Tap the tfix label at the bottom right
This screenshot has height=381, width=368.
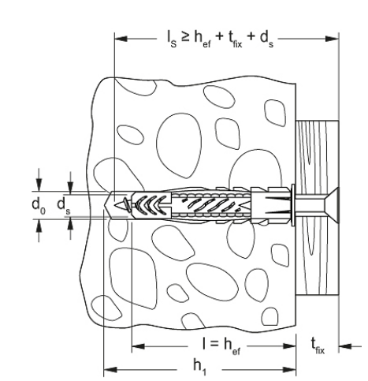[x=318, y=346]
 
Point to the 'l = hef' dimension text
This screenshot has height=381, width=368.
[x=221, y=346]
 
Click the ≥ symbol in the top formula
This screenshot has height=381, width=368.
[x=185, y=37]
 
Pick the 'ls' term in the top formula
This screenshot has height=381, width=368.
[x=172, y=39]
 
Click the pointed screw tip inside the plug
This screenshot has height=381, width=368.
[x=120, y=204]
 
